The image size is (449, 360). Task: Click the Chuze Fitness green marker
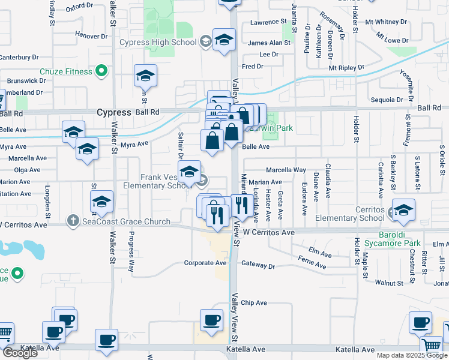click(x=101, y=71)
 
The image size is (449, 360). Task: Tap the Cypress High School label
click(x=158, y=42)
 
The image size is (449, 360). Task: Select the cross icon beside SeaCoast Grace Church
click(x=73, y=221)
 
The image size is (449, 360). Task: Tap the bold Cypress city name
click(x=113, y=113)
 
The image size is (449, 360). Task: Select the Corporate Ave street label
click(x=205, y=263)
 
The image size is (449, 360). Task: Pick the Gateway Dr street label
click(x=258, y=265)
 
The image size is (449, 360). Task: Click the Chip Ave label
click(x=254, y=303)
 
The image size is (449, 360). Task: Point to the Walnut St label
click(x=388, y=282)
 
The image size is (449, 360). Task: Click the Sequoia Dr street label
click(x=386, y=100)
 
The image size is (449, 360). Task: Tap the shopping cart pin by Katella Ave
click(x=432, y=344)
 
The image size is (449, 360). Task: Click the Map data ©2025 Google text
click(x=411, y=355)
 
